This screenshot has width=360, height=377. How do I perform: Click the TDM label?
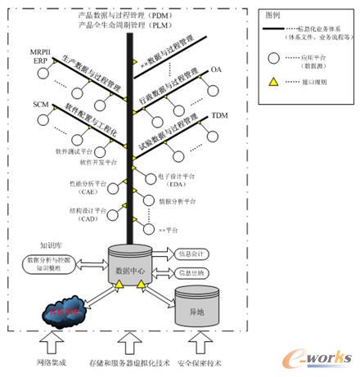[219, 116]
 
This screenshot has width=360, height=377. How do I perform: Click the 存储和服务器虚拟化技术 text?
[128, 361]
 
